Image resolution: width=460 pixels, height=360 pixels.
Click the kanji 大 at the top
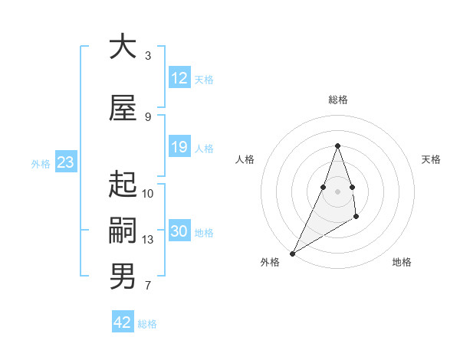click(123, 47)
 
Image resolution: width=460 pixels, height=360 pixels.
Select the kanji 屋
click(123, 109)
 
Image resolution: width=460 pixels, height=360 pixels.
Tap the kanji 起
click(123, 185)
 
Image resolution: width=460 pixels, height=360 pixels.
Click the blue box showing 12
click(179, 78)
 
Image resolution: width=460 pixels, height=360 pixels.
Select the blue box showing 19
click(179, 147)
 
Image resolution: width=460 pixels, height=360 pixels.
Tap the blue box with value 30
click(179, 231)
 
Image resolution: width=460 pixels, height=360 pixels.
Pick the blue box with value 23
click(65, 162)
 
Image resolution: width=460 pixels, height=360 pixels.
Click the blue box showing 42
click(123, 322)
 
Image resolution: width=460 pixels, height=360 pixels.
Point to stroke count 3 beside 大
click(148, 56)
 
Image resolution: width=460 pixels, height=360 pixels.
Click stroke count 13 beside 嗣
click(148, 240)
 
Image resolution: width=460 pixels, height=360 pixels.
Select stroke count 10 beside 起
click(148, 194)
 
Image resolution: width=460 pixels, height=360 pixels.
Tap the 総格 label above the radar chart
click(337, 100)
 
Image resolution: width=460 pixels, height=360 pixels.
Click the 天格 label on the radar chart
click(432, 159)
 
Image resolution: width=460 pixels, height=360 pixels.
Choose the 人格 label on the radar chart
click(245, 159)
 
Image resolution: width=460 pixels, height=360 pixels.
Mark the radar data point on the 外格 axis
click(292, 253)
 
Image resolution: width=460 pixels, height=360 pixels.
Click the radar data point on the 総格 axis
click(337, 146)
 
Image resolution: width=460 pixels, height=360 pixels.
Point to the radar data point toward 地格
click(356, 218)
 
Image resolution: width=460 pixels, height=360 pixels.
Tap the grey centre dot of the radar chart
click(337, 191)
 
